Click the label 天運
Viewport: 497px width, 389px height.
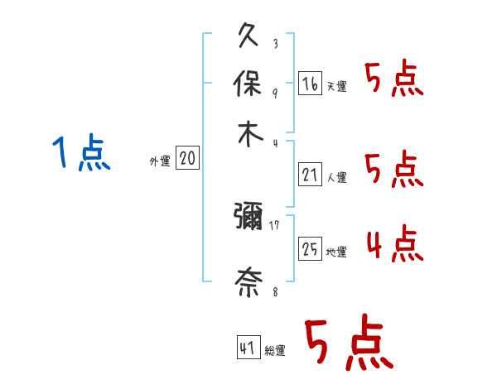(x=336, y=86)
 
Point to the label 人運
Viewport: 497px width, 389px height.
(x=336, y=177)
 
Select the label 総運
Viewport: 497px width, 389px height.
(x=275, y=351)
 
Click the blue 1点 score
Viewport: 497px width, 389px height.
(x=82, y=153)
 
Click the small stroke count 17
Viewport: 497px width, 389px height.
(x=274, y=223)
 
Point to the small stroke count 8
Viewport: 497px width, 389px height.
(x=274, y=290)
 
